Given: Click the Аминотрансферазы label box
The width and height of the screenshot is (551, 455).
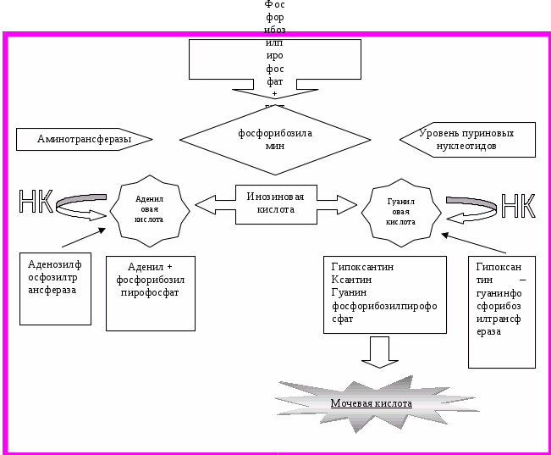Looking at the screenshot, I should click(x=84, y=138).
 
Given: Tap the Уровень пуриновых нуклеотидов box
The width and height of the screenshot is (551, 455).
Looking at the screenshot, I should click(x=467, y=140).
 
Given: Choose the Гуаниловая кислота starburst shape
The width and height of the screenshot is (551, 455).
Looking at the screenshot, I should click(x=400, y=208).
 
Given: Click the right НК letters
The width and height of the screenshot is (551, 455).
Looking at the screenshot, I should click(x=518, y=206).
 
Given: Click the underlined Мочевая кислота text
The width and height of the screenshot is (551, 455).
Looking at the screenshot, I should click(x=371, y=403).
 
